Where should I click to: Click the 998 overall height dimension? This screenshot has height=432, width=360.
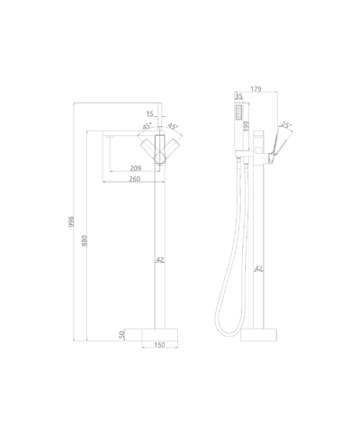[71, 221]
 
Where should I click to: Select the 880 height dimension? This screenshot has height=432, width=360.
[85, 241]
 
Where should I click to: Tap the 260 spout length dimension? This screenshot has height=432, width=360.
[134, 179]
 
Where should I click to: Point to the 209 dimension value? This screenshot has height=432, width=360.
[136, 168]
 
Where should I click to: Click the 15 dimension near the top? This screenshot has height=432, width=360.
[149, 113]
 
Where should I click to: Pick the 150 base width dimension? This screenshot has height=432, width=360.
[159, 345]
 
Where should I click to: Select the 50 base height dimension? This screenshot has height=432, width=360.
[121, 335]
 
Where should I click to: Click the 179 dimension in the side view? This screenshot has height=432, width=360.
[256, 89]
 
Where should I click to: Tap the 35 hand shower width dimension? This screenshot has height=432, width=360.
[238, 96]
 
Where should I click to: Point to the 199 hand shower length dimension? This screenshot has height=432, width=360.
[247, 126]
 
